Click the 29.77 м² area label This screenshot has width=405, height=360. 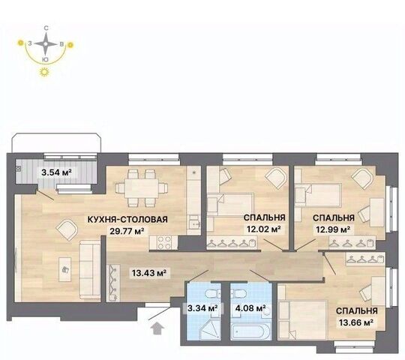(x=127, y=230)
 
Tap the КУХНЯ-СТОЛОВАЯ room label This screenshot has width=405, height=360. (x=127, y=220)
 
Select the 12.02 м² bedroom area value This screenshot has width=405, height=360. (x=263, y=229)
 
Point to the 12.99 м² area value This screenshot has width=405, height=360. (x=333, y=229)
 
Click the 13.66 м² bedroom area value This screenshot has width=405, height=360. (x=356, y=322)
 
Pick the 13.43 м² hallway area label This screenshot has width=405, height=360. (x=149, y=273)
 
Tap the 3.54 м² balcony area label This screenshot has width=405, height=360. (x=56, y=172)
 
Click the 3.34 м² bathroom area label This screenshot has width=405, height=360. (x=202, y=308)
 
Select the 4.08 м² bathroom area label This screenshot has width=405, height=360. (x=250, y=308)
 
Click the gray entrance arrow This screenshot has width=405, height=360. (x=157, y=329)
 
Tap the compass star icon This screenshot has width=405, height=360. (x=46, y=44)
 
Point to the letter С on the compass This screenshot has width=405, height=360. (x=46, y=28)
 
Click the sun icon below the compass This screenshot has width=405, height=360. (x=44, y=72)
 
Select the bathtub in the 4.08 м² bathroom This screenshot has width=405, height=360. (x=250, y=331)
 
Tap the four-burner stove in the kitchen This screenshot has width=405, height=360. (x=164, y=242)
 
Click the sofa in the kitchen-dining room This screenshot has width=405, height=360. (x=89, y=269)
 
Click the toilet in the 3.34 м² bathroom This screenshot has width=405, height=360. (x=212, y=294)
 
